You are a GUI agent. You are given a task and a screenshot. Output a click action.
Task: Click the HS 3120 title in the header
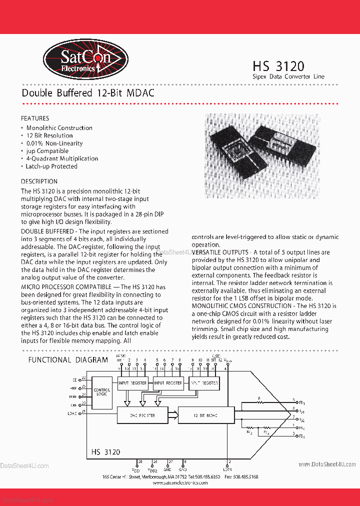pos(278,65)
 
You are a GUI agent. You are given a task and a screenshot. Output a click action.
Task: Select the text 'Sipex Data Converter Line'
pos(288,77)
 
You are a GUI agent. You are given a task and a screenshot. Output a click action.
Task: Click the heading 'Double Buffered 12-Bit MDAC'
pos(88,93)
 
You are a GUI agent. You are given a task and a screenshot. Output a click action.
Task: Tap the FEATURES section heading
pos(35,118)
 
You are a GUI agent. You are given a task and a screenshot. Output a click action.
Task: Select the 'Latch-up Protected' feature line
pos(51,166)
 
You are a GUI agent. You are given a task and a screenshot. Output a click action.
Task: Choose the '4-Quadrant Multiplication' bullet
pos(62,158)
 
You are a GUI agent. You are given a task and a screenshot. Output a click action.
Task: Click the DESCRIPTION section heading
pos(39,181)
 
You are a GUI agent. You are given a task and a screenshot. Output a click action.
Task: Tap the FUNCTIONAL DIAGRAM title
pos(68,360)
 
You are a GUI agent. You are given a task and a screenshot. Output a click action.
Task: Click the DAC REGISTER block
pos(142,415)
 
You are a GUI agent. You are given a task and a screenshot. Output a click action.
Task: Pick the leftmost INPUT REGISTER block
pos(132,383)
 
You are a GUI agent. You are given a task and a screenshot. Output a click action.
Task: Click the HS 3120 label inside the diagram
pos(105,452)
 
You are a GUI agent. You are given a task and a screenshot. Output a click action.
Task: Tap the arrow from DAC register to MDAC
pos(173,414)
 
